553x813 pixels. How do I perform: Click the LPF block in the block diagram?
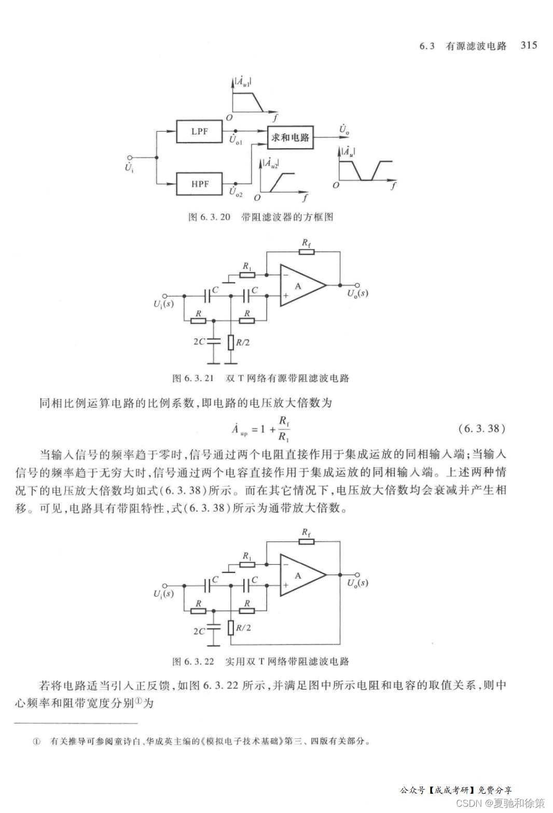point(199,132)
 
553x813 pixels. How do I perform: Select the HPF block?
point(199,184)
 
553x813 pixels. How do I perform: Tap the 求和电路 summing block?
point(290,137)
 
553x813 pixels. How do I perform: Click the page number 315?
point(529,45)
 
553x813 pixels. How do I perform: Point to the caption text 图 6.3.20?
point(209,217)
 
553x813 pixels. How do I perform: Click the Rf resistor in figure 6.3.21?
point(307,252)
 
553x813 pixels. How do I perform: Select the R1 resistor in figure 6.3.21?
point(247,274)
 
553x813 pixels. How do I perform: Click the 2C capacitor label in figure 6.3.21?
point(199,342)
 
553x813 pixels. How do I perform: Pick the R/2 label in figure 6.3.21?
point(243,342)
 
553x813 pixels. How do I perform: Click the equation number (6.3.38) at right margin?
point(482,428)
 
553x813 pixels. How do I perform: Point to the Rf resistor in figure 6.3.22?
point(307,542)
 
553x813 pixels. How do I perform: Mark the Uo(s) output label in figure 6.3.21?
point(357,293)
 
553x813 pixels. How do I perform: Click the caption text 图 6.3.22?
point(193,662)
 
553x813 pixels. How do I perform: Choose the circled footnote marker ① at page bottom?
point(37,741)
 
